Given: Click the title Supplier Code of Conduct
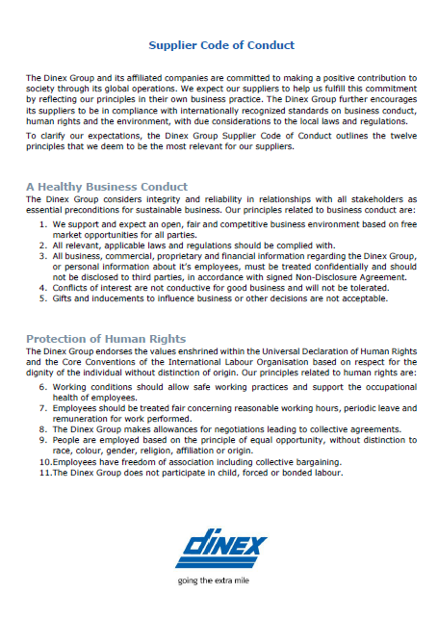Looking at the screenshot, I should (221, 45).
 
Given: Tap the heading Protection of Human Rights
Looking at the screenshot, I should (107, 339).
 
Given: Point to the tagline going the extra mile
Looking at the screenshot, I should (220, 582).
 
